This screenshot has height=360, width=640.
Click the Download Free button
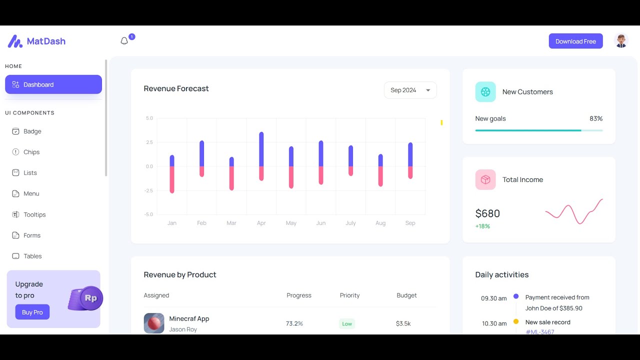pos(575,41)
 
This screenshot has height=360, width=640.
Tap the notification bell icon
pos(124,41)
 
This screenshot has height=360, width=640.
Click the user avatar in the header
pos(621,41)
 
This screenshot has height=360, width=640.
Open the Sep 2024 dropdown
pos(410,90)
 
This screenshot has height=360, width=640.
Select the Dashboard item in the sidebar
pos(53,84)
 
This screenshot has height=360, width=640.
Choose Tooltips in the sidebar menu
pos(34,214)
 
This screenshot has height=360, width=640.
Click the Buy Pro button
pos(32,312)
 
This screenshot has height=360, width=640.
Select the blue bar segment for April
pos(261,149)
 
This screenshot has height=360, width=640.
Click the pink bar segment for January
pos(172,179)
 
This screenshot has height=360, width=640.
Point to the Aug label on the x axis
pos(380,223)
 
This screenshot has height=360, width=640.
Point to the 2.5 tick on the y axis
pos(149,142)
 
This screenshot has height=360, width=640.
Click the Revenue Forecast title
pos(176,88)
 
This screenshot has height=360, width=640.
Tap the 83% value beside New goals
pos(595,118)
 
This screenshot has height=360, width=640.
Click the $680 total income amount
pos(487,213)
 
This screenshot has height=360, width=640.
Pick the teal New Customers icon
pos(485,92)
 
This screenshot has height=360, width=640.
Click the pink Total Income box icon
pos(485,179)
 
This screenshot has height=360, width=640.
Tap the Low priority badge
pos(347,323)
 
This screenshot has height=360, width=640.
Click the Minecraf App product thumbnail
pos(154,323)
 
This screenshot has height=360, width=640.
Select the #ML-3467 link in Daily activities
pos(540,331)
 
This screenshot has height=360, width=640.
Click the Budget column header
pos(406,295)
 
